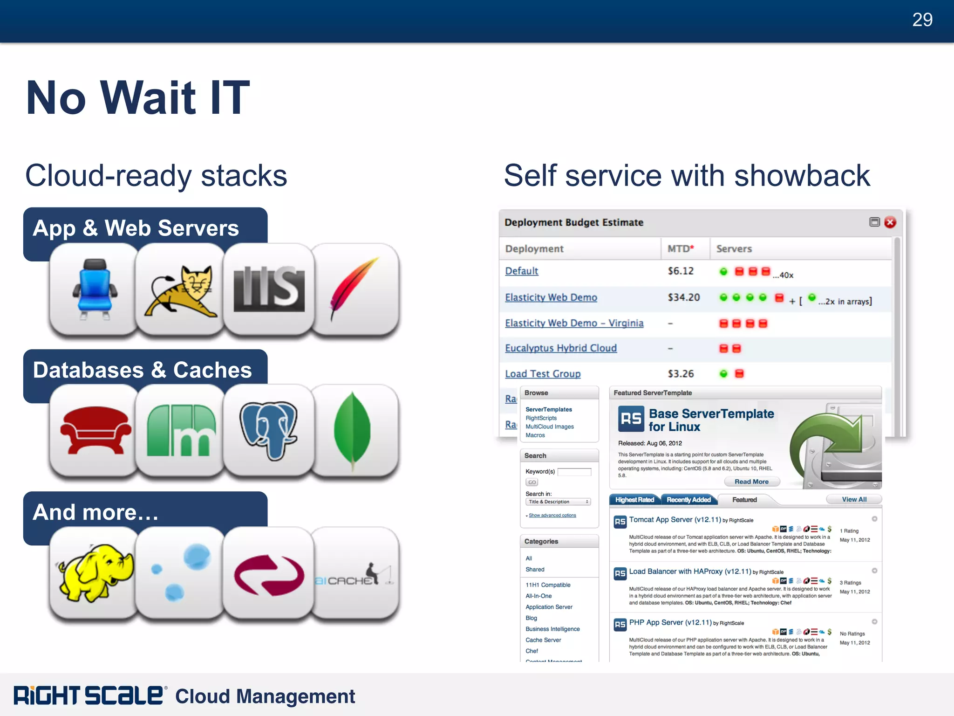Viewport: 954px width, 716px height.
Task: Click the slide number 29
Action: [x=922, y=20]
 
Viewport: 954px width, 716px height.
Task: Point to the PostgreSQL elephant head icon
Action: [x=269, y=430]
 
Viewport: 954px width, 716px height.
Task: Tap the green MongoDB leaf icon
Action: [x=353, y=430]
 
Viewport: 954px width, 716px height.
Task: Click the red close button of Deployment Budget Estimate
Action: [x=890, y=222]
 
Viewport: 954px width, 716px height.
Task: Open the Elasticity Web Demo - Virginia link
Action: [x=574, y=323]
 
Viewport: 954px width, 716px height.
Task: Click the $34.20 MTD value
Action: [x=683, y=297]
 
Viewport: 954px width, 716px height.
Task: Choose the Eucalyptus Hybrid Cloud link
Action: [x=561, y=348]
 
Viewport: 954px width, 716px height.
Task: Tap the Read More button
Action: [x=751, y=482]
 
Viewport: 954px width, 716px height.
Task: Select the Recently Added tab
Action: [x=688, y=500]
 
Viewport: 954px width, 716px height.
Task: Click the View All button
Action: [x=854, y=499]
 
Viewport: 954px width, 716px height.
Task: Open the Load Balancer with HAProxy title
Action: [x=690, y=571]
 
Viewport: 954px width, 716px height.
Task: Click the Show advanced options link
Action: [x=552, y=516]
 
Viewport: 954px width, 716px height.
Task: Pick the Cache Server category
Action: [x=543, y=640]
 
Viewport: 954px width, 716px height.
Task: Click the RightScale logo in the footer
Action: [x=89, y=695]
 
